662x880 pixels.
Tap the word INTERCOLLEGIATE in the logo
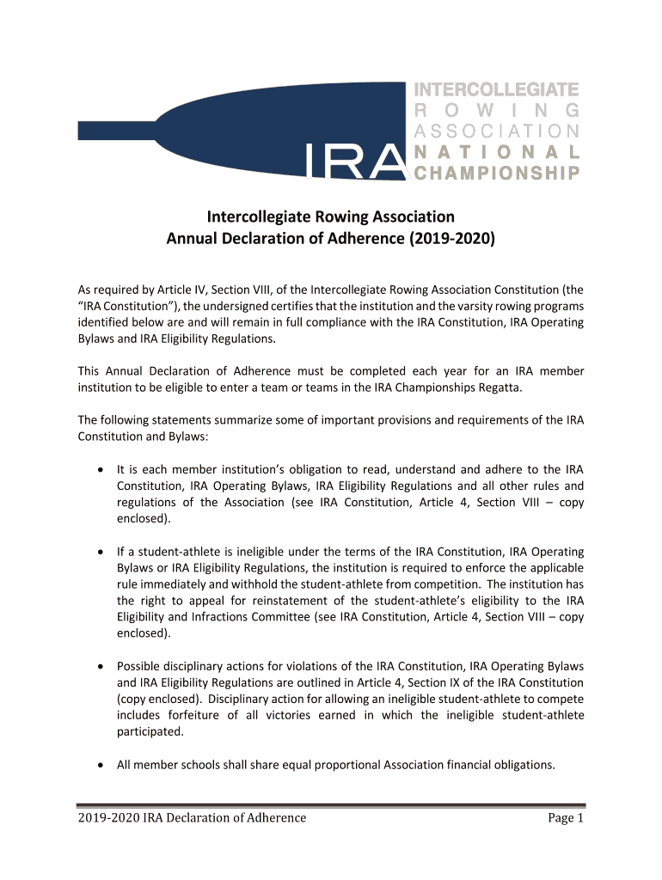coord(497,89)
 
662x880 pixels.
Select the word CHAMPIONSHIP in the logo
coord(497,174)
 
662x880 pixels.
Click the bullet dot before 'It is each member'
coord(102,470)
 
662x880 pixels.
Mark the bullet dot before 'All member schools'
coord(102,765)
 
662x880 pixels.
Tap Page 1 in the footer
coord(566,817)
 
